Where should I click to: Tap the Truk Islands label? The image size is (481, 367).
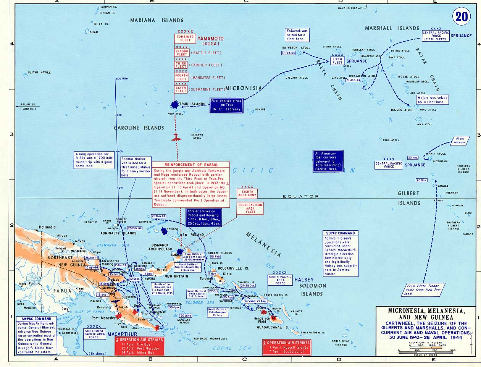tap(192, 104)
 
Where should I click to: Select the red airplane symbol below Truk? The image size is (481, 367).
tap(176, 137)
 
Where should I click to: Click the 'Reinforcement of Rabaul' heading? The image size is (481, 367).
tap(191, 165)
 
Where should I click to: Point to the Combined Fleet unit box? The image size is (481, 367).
tap(185, 39)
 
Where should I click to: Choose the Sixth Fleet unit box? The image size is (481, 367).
tap(181, 89)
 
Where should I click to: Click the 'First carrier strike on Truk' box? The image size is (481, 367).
tap(226, 104)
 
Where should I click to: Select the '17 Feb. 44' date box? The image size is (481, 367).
tap(289, 53)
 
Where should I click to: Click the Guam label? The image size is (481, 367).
tap(94, 32)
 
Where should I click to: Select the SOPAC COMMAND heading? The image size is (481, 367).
tap(341, 233)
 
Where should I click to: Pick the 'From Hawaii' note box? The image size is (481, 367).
tap(460, 141)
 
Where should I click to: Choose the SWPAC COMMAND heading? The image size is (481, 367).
tap(37, 318)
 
